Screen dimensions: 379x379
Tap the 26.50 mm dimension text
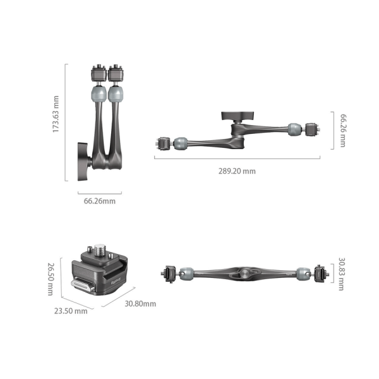click(50, 279)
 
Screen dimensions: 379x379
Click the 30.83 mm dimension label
click(342, 274)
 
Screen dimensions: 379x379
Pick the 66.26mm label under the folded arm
click(100, 201)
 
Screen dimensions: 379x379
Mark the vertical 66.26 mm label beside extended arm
click(343, 130)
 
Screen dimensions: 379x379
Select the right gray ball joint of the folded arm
click(116, 94)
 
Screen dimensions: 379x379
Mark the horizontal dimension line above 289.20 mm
click(243, 158)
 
